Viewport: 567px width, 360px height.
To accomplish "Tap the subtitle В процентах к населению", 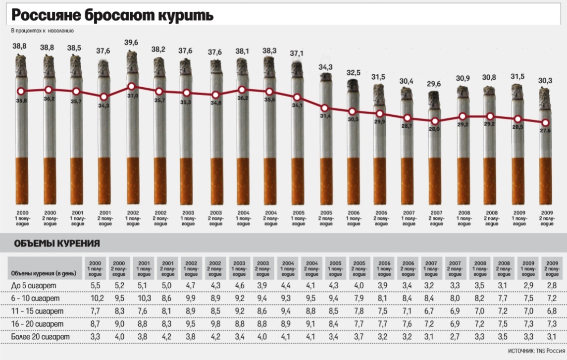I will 43,31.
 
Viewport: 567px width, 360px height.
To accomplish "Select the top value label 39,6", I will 132,43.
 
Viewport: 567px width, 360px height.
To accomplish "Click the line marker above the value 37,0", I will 132,86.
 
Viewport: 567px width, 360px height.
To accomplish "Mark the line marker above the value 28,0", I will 434,121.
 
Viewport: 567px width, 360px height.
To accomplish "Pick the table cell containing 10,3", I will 144,299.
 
